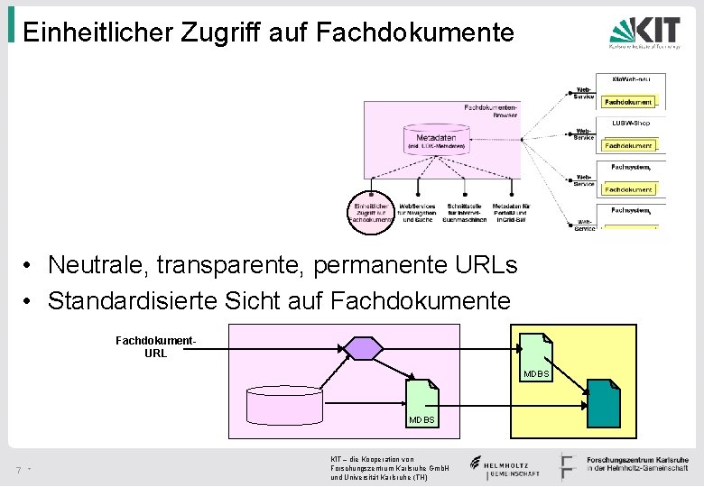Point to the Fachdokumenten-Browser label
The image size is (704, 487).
[491, 111]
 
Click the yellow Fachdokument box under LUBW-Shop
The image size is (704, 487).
[628, 145]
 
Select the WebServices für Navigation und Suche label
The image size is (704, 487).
[417, 212]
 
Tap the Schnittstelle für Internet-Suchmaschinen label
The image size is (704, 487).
[465, 212]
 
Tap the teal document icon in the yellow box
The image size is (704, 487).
[603, 402]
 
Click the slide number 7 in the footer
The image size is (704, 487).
[18, 470]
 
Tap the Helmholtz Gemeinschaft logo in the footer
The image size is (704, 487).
[505, 466]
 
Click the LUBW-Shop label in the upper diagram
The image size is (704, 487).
[630, 123]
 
